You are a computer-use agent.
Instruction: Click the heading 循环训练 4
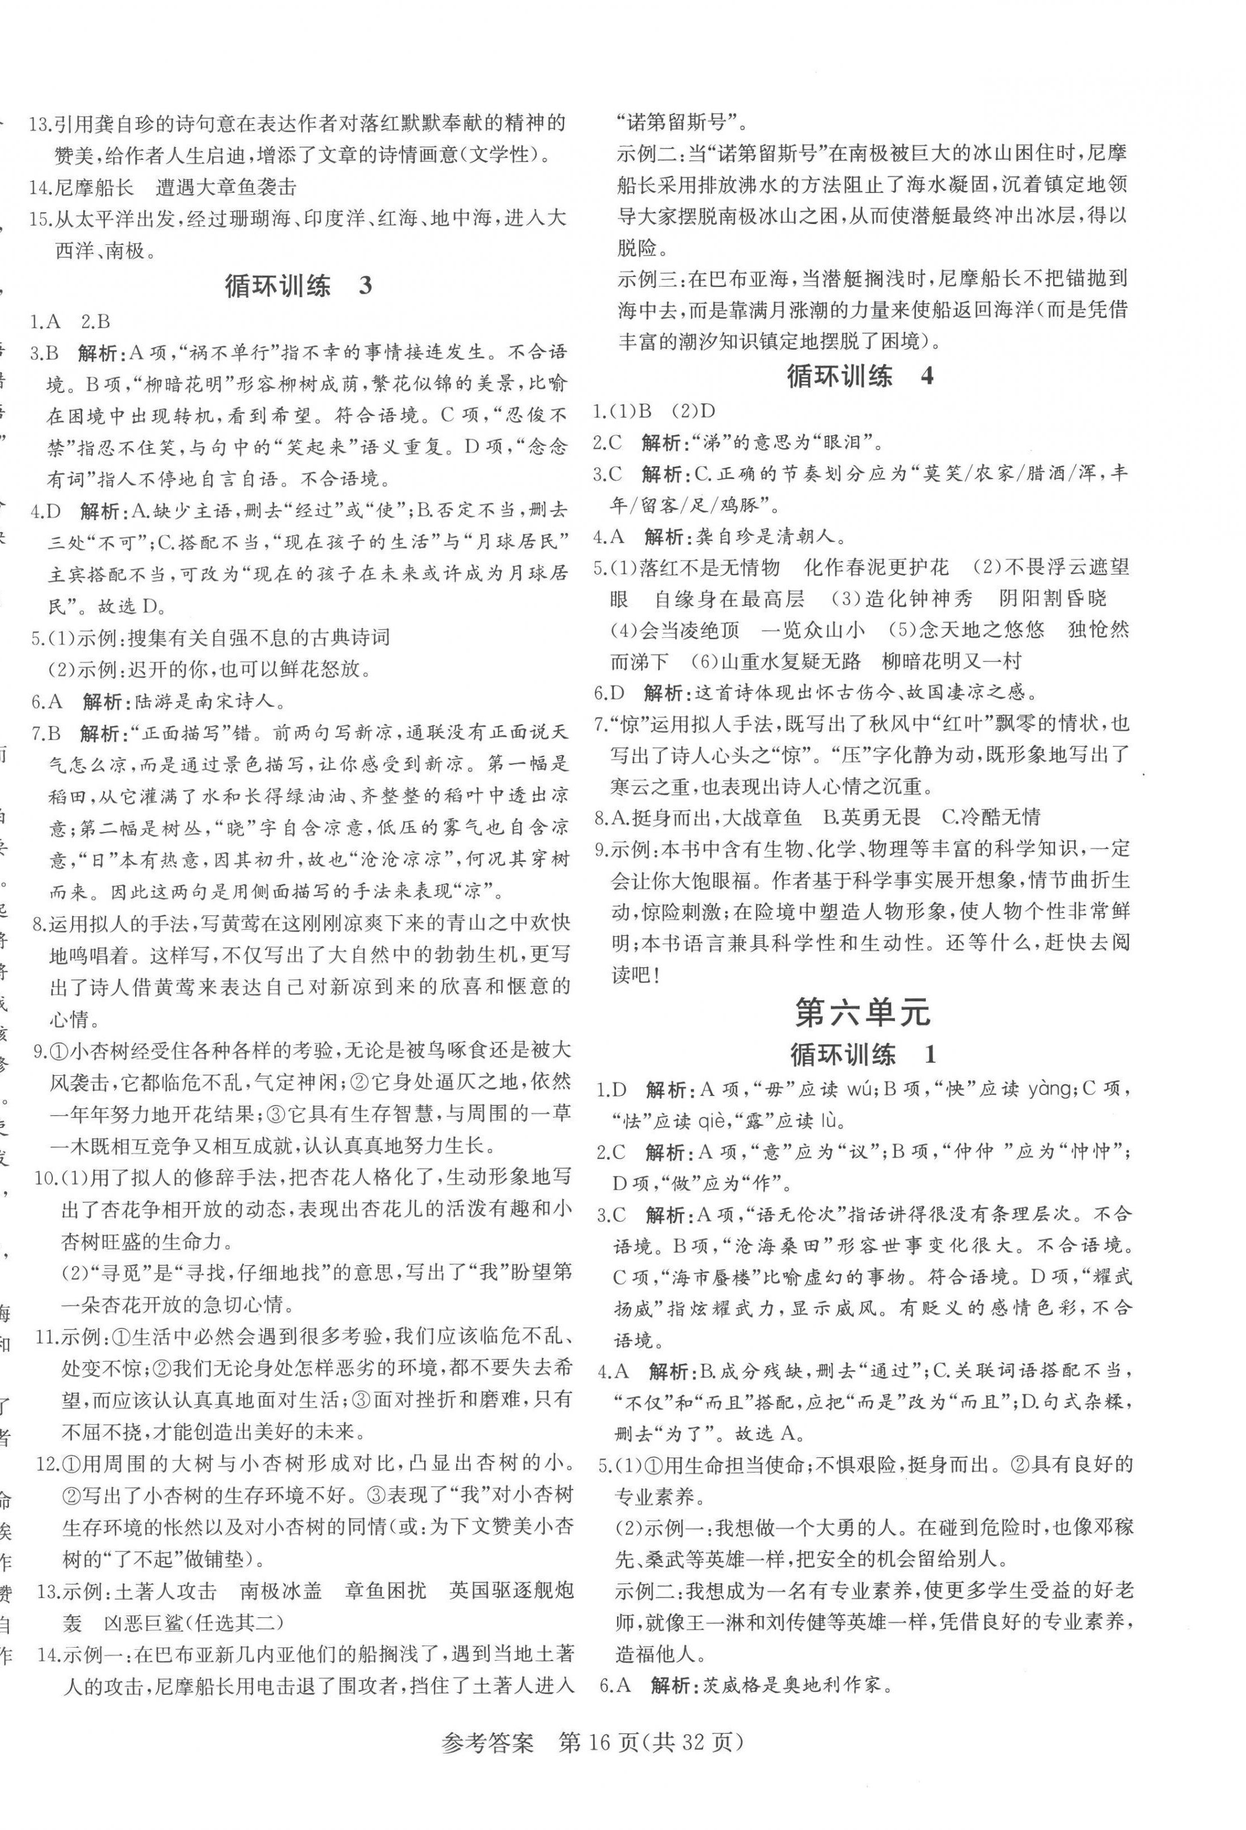pos(860,375)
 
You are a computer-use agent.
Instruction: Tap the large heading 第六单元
pos(863,1013)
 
